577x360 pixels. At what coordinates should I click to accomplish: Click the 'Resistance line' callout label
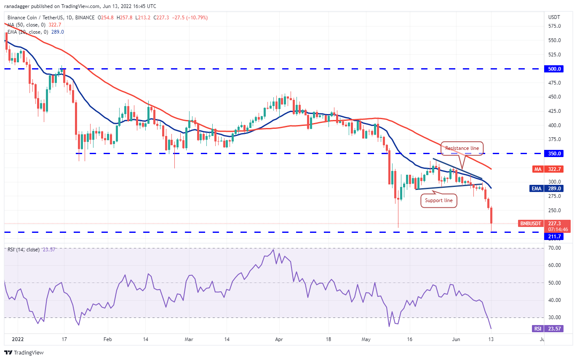point(462,148)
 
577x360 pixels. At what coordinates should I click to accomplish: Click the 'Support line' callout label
point(438,200)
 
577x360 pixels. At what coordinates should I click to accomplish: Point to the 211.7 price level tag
point(555,237)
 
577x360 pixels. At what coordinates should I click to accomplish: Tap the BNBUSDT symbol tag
point(530,224)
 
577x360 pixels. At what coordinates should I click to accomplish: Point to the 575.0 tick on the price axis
point(554,26)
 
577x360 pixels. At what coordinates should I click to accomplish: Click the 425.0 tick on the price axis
point(554,111)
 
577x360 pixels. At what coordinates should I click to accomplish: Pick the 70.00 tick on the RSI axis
point(554,248)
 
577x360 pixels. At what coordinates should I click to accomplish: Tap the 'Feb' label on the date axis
point(107,339)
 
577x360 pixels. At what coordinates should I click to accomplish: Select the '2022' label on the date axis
point(17,339)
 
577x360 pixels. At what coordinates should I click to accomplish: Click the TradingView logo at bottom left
point(24,352)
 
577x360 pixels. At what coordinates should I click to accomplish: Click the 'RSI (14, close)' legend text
point(24,250)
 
